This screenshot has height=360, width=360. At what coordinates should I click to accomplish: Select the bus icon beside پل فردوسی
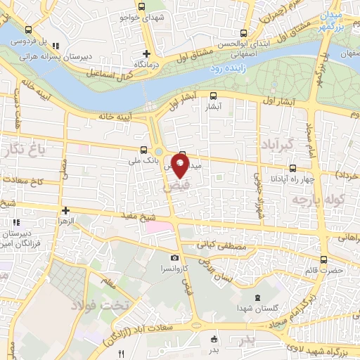[28, 30]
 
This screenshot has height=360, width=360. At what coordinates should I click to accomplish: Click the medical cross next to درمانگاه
[146, 53]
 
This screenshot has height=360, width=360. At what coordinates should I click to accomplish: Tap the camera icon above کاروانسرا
[174, 257]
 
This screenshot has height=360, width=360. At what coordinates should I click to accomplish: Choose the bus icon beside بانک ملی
[144, 150]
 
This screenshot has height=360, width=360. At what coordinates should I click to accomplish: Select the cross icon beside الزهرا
[65, 210]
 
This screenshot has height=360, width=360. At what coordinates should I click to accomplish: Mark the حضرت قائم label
[328, 269]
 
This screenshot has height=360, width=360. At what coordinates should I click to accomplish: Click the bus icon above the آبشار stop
[213, 96]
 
